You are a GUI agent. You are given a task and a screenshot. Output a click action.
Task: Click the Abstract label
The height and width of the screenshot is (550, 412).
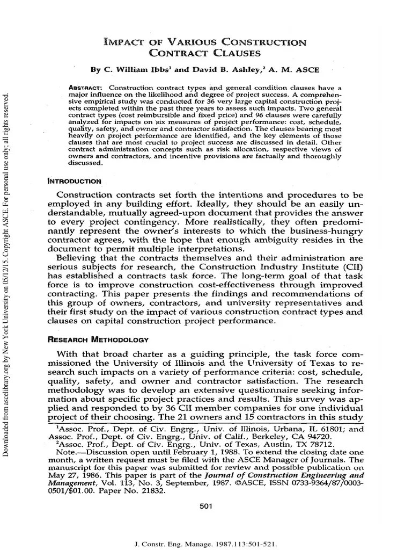coord(89,88)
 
